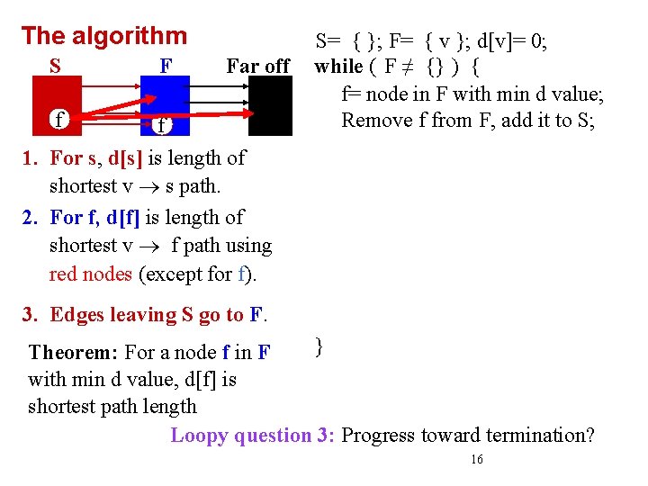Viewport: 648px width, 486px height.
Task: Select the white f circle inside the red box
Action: tap(59, 120)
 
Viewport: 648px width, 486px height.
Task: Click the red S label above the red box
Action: tap(56, 66)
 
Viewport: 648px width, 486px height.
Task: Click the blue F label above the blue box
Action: tap(166, 66)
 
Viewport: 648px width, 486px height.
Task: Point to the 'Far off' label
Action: tap(257, 66)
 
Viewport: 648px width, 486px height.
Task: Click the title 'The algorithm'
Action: tap(103, 36)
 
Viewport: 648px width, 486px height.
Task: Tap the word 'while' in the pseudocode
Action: tap(338, 66)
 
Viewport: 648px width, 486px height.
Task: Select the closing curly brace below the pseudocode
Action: tap(319, 345)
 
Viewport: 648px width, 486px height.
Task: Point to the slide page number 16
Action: tap(477, 460)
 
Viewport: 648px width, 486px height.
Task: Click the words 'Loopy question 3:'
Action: tap(254, 436)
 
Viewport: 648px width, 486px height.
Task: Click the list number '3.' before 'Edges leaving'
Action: tap(32, 315)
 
